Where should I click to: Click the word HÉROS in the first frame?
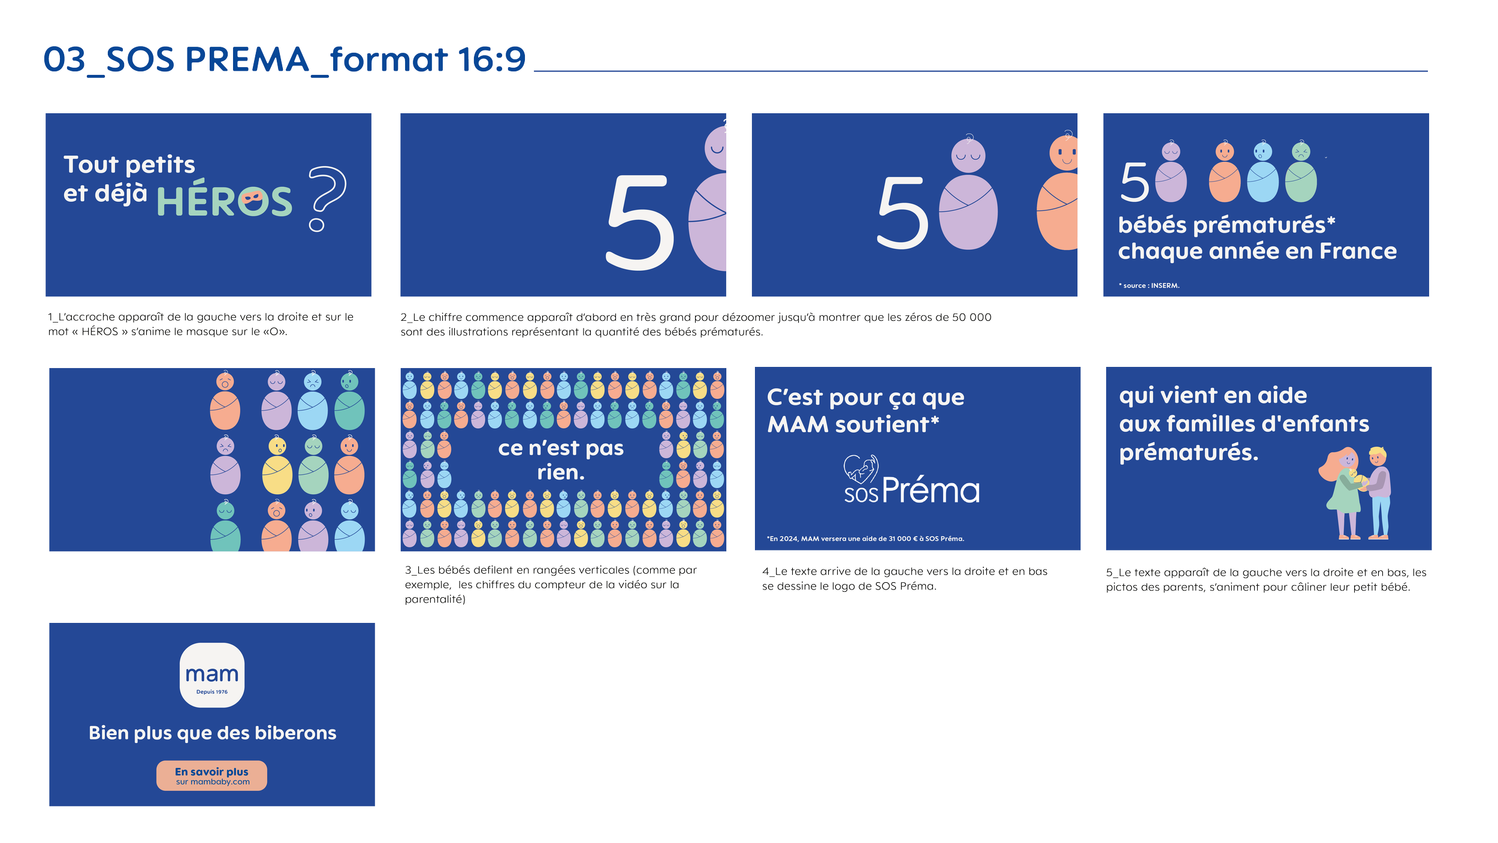[x=224, y=201]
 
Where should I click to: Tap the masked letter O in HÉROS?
[x=252, y=202]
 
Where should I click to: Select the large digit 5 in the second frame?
[x=640, y=222]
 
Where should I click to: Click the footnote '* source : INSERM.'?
[x=1149, y=286]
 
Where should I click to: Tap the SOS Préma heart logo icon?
[x=861, y=469]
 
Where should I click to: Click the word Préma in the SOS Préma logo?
[x=930, y=491]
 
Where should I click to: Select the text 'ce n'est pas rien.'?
[x=561, y=460]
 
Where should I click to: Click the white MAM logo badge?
[x=212, y=675]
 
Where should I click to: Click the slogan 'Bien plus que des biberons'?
[x=212, y=733]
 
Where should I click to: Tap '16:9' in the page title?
[x=491, y=60]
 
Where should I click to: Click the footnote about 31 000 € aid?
[x=865, y=539]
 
